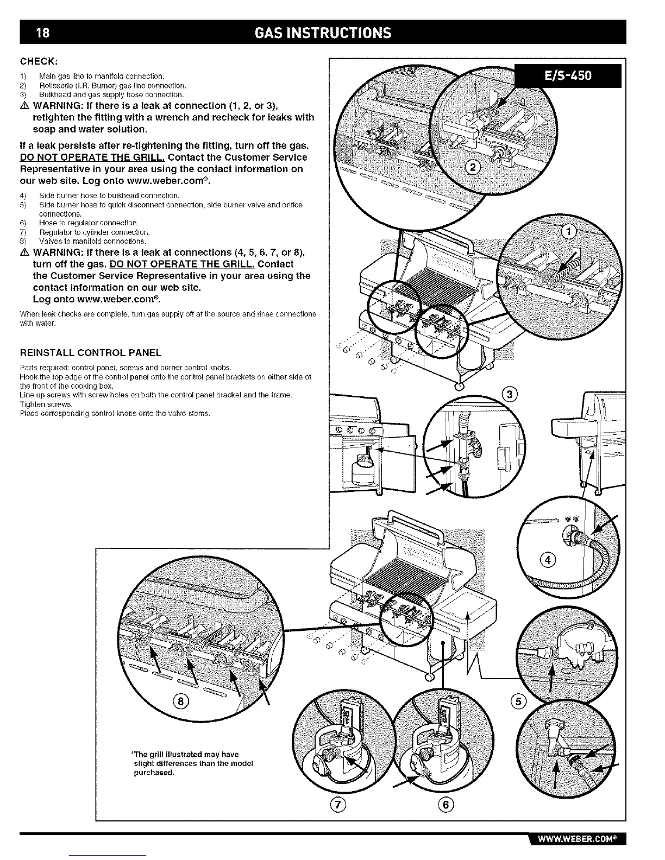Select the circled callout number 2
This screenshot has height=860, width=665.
tap(473, 168)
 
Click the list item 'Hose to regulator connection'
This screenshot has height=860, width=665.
tap(89, 223)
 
